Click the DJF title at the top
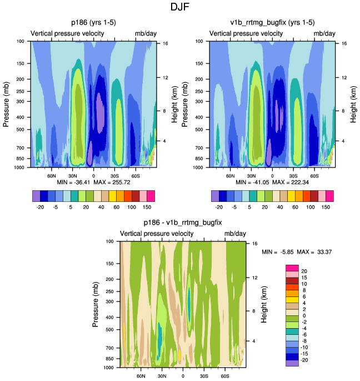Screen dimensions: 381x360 point(180,8)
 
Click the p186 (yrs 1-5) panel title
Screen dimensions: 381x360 point(94,23)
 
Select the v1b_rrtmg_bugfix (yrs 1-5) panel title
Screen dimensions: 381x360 point(272,23)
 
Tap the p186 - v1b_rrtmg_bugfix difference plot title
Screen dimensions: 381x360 point(183,222)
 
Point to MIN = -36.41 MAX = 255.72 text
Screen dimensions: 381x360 point(93,182)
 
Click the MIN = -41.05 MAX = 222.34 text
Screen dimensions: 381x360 point(272,182)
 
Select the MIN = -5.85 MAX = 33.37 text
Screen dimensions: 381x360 point(297,252)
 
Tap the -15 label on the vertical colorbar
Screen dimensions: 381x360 point(306,354)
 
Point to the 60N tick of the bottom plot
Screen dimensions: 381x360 point(141,376)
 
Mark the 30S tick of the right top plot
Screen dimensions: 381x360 point(294,176)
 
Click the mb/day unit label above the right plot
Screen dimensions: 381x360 point(324,34)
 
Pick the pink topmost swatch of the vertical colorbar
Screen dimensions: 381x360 point(292,269)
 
